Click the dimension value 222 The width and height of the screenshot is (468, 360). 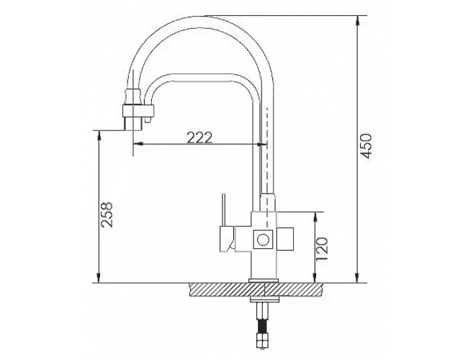[199, 138]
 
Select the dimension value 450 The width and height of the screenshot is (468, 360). [366, 146]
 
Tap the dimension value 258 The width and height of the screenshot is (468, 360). [107, 215]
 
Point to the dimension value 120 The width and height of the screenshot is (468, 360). [322, 248]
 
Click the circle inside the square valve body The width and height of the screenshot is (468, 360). [264, 240]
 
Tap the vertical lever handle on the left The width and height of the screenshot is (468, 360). [222, 210]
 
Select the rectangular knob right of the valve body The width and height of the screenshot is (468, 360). [285, 239]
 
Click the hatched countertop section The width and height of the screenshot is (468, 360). [257, 289]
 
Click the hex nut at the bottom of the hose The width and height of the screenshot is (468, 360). [262, 341]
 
